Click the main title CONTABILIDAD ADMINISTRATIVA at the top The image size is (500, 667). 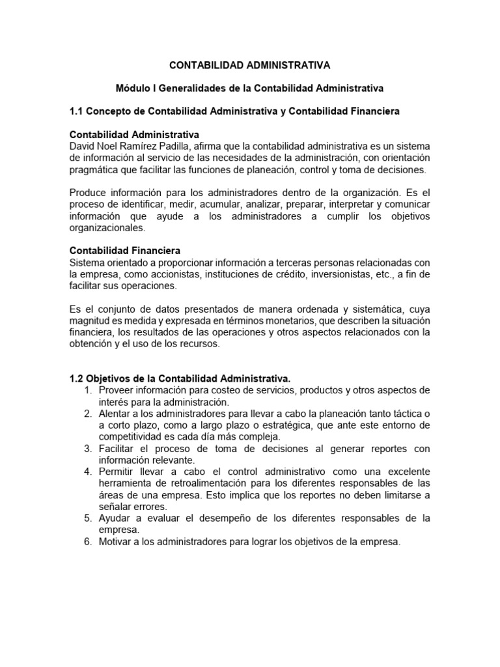click(250, 66)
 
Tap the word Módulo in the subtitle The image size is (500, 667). click(133, 87)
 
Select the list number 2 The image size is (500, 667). click(88, 414)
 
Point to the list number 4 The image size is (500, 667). click(88, 472)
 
